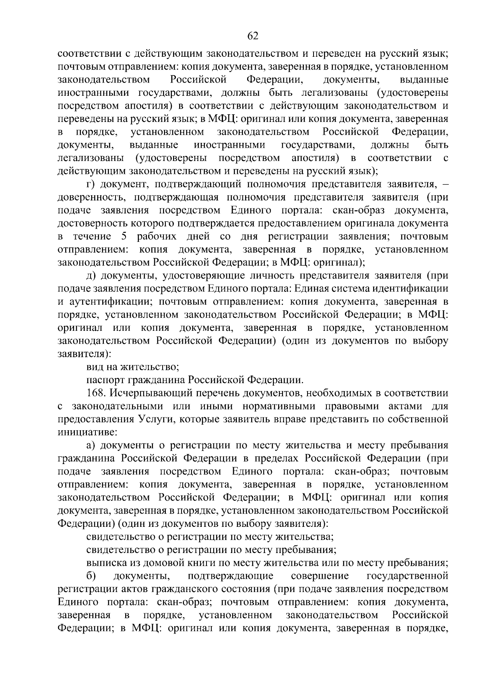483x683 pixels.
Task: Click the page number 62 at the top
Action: coord(252,36)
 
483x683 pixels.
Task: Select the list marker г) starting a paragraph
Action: coord(91,184)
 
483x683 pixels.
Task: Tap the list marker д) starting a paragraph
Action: coord(91,276)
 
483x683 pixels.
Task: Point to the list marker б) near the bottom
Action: coord(91,576)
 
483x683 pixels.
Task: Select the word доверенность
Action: coord(91,197)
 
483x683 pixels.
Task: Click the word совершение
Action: coord(320,576)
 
